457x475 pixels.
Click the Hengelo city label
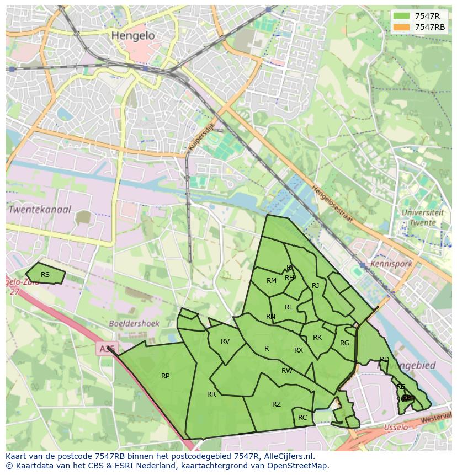click(133, 35)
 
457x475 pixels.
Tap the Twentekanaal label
click(39, 210)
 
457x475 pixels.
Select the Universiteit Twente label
click(422, 217)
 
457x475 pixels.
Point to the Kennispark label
click(391, 264)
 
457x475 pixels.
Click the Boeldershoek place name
click(134, 324)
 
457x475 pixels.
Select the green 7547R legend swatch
click(401, 16)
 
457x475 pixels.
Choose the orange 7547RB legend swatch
click(401, 27)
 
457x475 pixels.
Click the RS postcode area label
click(45, 275)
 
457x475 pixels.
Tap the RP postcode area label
click(165, 376)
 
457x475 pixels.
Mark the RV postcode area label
click(225, 341)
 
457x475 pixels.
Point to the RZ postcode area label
click(277, 404)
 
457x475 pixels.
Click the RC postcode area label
click(302, 418)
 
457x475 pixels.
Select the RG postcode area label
click(345, 343)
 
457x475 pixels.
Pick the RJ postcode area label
click(316, 286)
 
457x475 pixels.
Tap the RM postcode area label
click(272, 281)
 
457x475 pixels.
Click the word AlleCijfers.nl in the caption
click(287, 456)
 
